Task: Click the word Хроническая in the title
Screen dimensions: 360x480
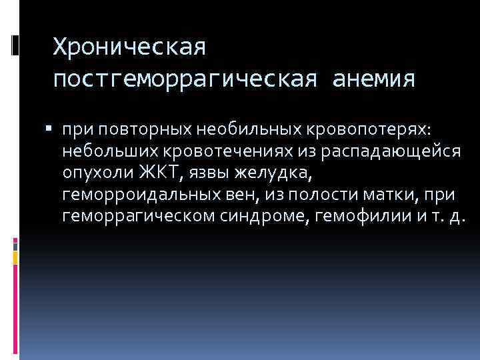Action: coord(131,47)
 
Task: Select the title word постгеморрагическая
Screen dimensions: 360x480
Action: coord(180,80)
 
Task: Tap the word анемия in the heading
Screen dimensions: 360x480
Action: coord(370,80)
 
